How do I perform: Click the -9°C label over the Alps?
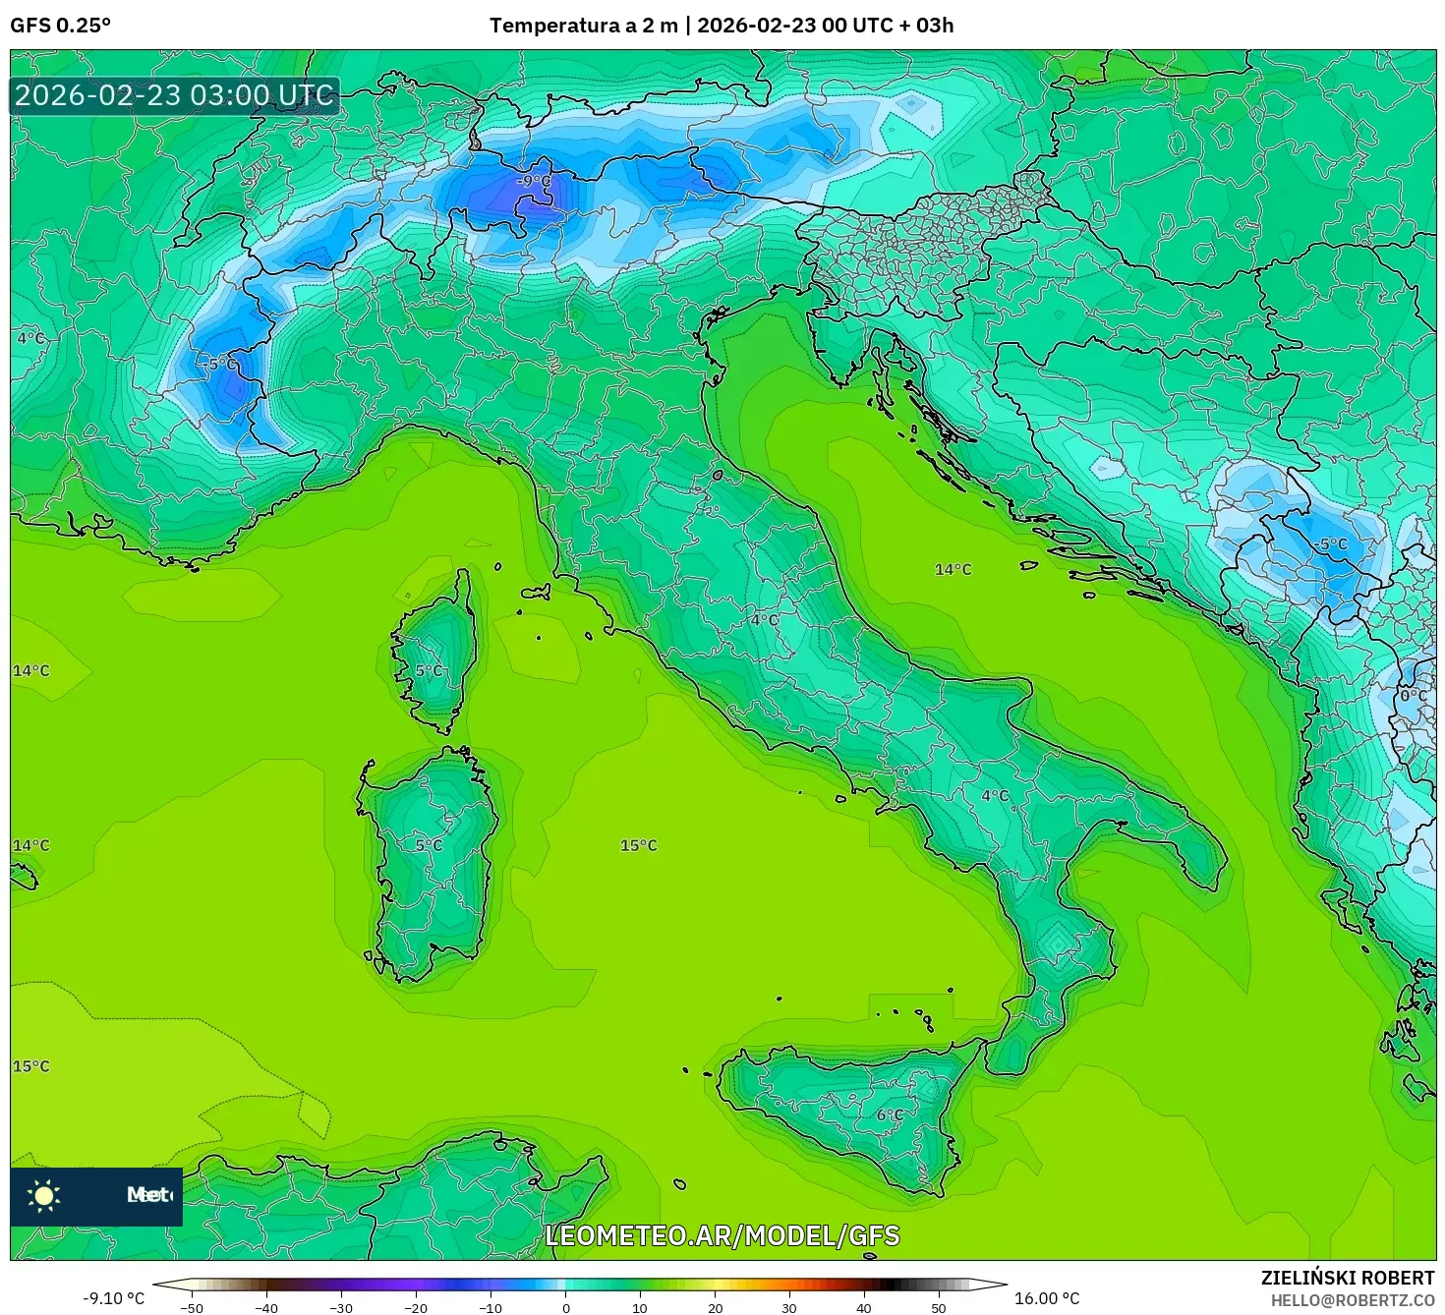coord(535,181)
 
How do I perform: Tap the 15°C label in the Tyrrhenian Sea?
coord(638,845)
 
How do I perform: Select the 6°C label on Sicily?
coord(890,1115)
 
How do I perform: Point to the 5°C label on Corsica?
coord(429,670)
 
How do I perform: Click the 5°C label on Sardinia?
coord(429,844)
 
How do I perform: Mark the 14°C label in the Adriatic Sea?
coord(953,569)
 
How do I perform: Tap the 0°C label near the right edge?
coord(1414,695)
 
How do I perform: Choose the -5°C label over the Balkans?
coord(1331,543)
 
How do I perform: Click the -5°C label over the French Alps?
coord(221,363)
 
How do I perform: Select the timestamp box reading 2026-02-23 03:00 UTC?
coord(175,95)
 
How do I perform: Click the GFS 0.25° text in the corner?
coord(61,26)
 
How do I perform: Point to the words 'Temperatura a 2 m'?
coord(584,26)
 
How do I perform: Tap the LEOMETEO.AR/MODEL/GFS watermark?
coord(722,1235)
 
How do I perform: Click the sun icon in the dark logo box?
coord(44,1195)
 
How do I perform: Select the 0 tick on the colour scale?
coord(565,1308)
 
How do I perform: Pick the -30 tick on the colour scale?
coord(340,1308)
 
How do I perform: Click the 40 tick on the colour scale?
coord(864,1308)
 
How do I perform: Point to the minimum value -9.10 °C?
coord(113,1298)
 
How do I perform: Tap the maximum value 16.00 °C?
coord(1047,1298)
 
